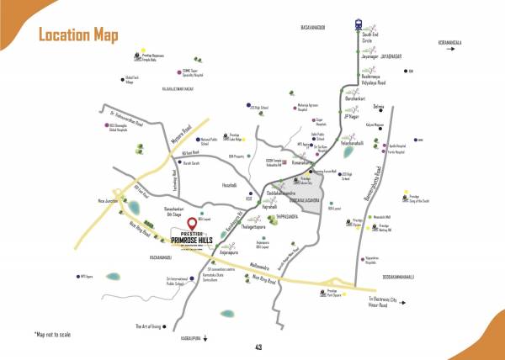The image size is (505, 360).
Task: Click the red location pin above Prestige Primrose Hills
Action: click(193, 224)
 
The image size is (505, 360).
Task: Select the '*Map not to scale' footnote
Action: click(55, 336)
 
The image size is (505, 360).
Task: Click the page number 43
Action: click(258, 347)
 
